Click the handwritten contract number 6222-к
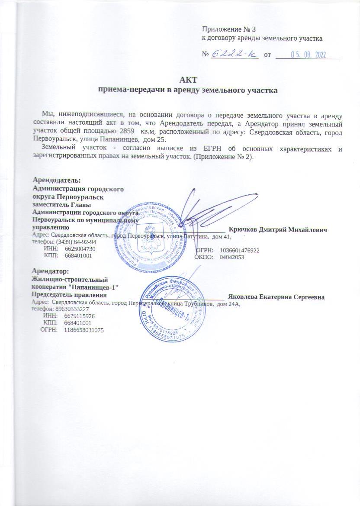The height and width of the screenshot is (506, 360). pyautogui.click(x=234, y=54)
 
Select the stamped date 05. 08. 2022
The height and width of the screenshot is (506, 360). pyautogui.click(x=308, y=55)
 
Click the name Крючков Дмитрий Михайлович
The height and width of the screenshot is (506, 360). pyautogui.click(x=277, y=229)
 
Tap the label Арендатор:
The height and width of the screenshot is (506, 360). pyautogui.click(x=51, y=271)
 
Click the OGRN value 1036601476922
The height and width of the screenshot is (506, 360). pyautogui.click(x=239, y=250)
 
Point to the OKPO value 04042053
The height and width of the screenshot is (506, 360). pyautogui.click(x=232, y=257)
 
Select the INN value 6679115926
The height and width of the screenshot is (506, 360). pyautogui.click(x=79, y=316)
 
